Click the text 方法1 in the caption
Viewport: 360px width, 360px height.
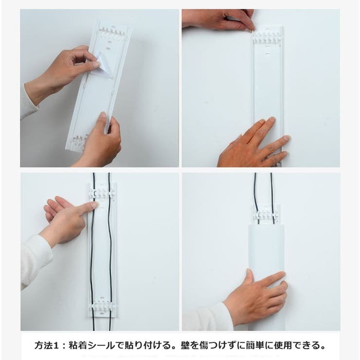pos(48,346)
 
